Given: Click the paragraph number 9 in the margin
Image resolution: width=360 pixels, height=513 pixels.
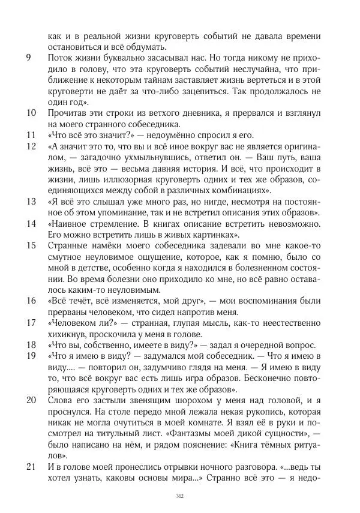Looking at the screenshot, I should [x=29, y=59].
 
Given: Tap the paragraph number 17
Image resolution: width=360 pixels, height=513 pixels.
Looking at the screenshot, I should [x=32, y=323].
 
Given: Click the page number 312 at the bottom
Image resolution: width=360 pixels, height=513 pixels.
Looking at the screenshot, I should [x=179, y=496].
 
